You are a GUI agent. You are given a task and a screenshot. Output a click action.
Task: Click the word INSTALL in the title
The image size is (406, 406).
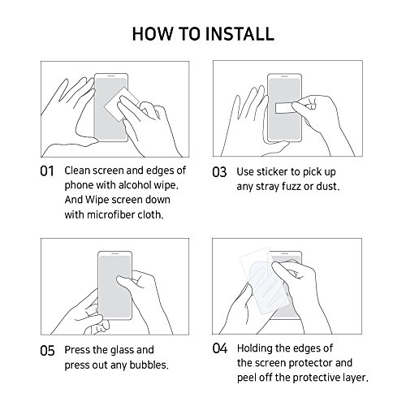[x=240, y=34]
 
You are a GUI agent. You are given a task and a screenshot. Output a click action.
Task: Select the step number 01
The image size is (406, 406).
[x=47, y=171]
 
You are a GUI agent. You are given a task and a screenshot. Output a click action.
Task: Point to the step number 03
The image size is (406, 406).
[x=219, y=172]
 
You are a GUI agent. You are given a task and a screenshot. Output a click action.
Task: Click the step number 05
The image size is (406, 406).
[x=47, y=351]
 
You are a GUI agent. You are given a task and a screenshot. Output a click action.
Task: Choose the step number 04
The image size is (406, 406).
[x=220, y=348]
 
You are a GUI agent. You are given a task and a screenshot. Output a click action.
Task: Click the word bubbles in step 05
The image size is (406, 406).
[x=149, y=365]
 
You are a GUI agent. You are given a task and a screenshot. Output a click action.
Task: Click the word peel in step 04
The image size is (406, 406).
[x=247, y=378]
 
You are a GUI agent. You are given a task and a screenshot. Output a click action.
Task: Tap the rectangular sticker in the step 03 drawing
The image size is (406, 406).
[x=285, y=108]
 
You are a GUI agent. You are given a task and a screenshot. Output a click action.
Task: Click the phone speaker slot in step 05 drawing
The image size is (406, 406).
[x=115, y=254]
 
